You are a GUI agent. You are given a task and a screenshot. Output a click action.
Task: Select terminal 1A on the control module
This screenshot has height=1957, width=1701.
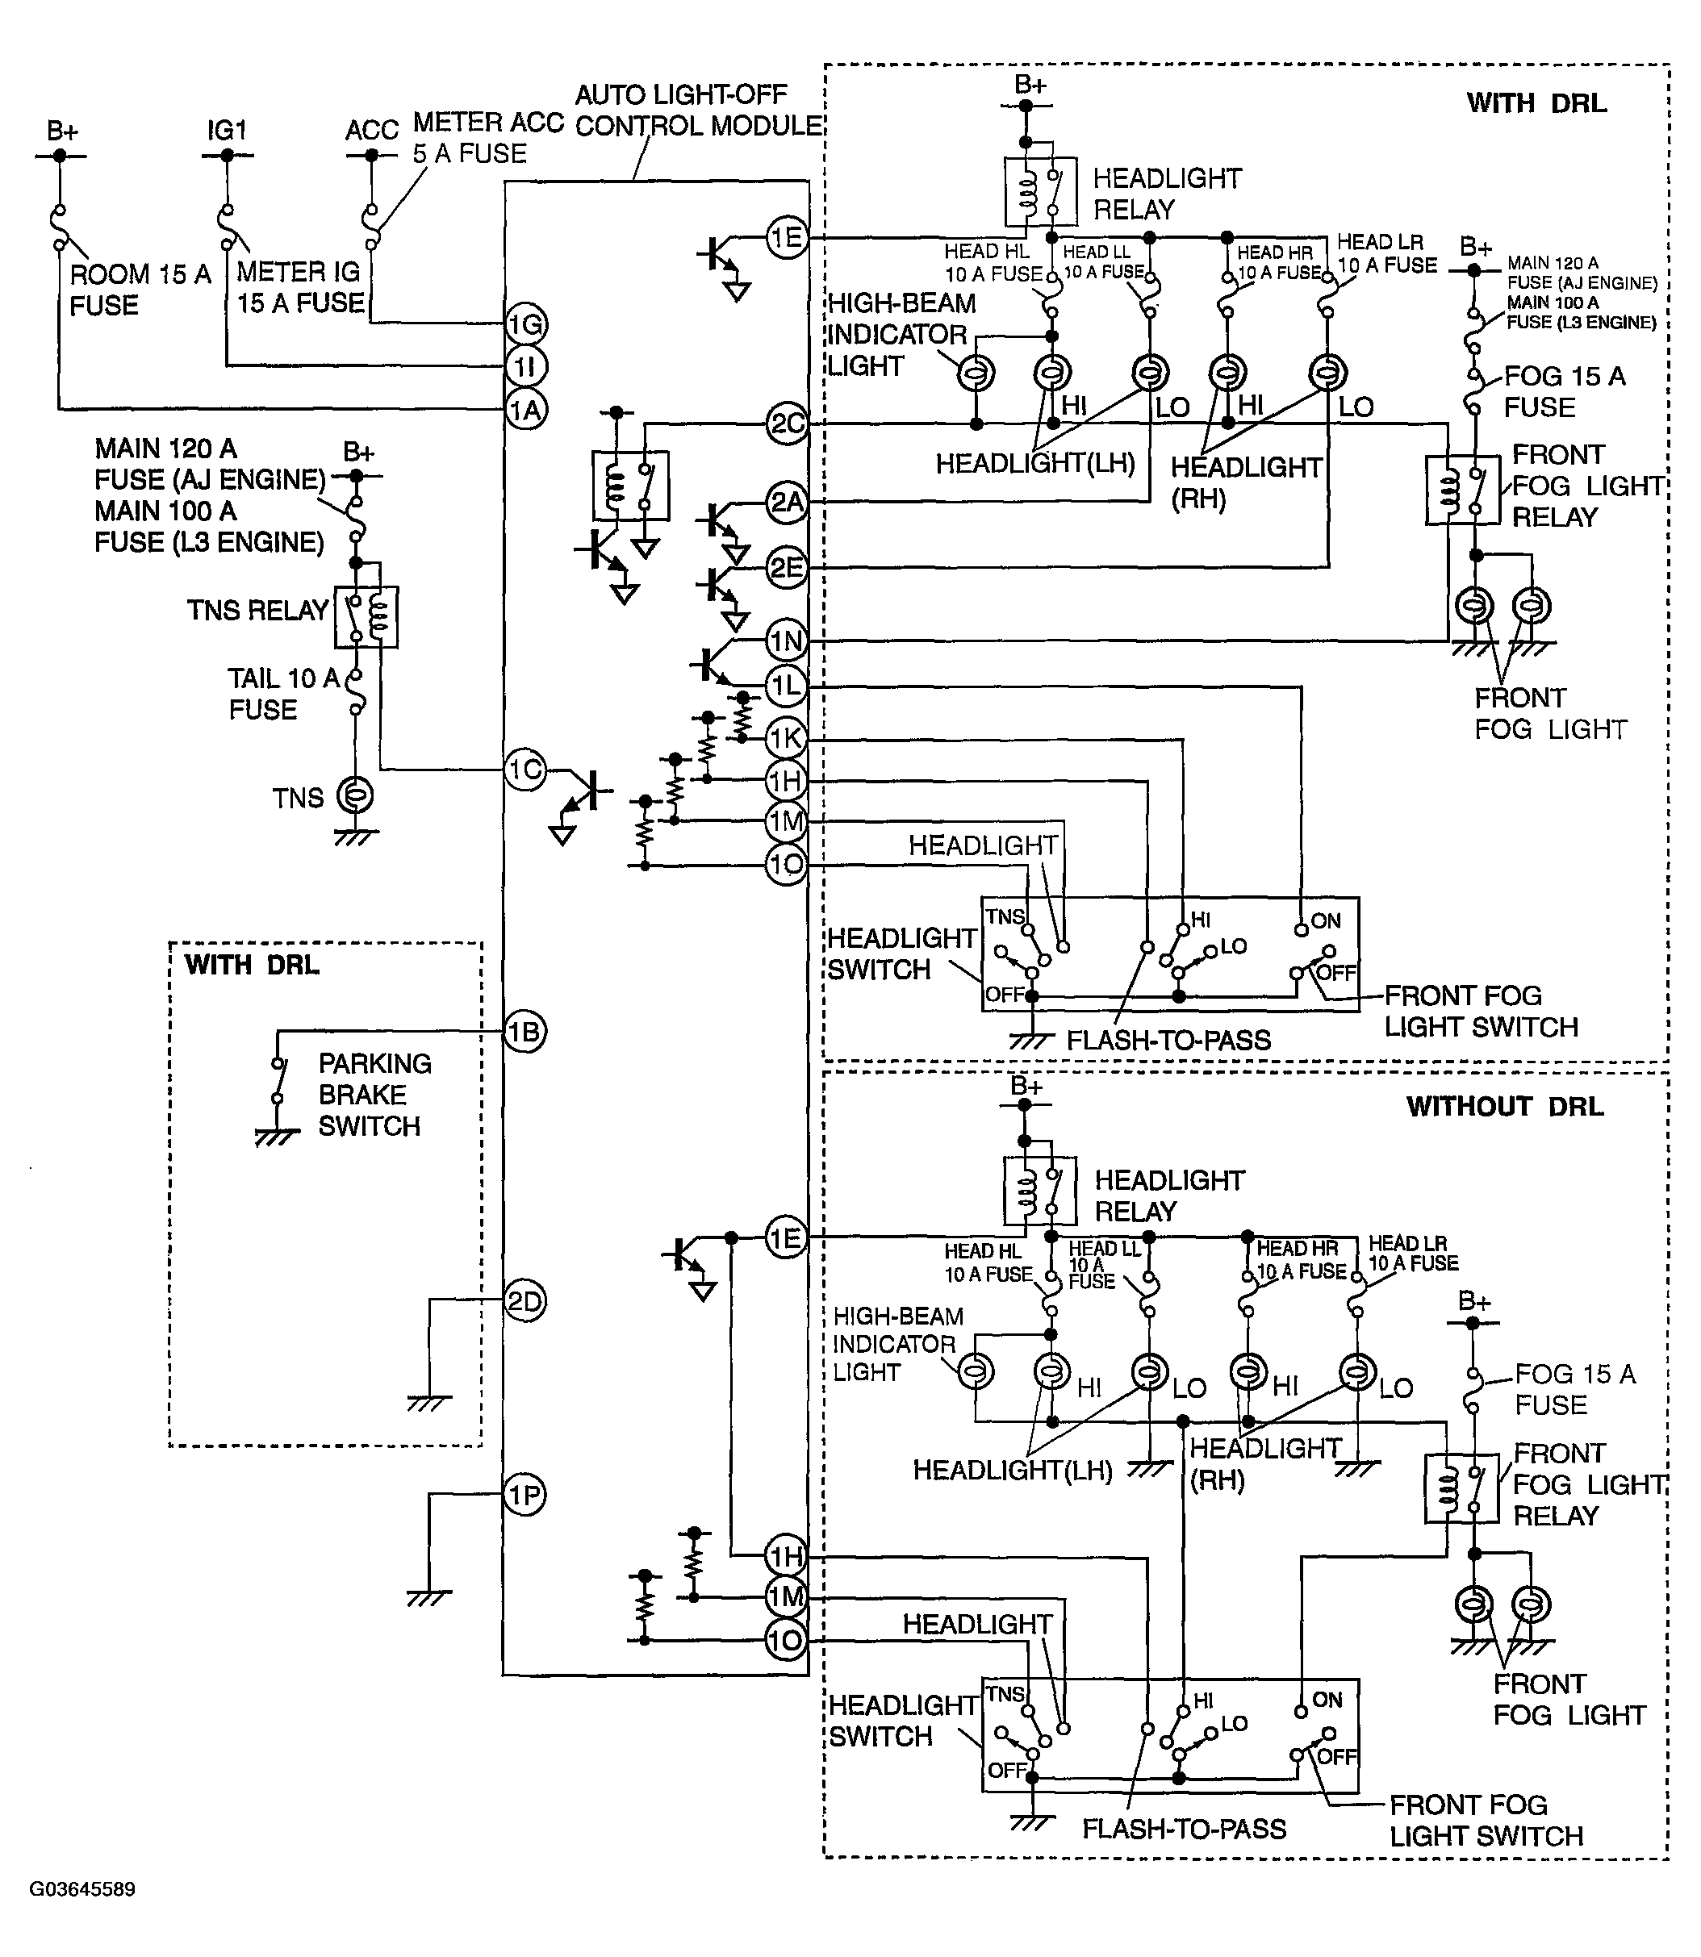[526, 410]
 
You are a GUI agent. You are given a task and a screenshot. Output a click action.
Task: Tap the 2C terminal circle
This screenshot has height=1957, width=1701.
[787, 424]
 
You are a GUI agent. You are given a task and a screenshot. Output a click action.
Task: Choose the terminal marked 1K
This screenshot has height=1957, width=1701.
[787, 738]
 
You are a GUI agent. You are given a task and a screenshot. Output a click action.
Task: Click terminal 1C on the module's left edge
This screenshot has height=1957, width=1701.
[525, 770]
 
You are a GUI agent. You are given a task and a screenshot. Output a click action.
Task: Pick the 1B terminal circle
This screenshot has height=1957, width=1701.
[525, 1032]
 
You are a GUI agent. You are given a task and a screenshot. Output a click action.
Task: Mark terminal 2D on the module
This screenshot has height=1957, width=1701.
[525, 1301]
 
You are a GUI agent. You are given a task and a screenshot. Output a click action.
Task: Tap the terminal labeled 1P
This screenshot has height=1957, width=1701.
[525, 1495]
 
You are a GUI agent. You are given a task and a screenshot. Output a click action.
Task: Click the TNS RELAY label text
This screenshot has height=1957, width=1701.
[257, 611]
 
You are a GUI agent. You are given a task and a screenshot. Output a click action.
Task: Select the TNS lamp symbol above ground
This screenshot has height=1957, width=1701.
[356, 795]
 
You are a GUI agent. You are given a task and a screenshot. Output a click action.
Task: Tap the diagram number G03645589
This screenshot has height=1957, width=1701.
[82, 1888]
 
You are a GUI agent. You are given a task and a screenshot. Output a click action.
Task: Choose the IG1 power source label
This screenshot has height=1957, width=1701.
[227, 130]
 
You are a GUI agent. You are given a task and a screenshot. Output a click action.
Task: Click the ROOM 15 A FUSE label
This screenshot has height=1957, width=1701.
[140, 290]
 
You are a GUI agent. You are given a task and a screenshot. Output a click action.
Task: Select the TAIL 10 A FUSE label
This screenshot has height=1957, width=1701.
[283, 694]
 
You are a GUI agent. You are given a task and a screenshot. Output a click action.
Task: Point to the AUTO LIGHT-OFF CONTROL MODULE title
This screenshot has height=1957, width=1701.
[699, 110]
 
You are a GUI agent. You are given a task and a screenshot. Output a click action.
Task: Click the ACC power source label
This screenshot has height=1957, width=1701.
[372, 130]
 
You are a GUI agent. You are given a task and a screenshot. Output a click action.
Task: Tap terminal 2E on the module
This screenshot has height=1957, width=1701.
[787, 569]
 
